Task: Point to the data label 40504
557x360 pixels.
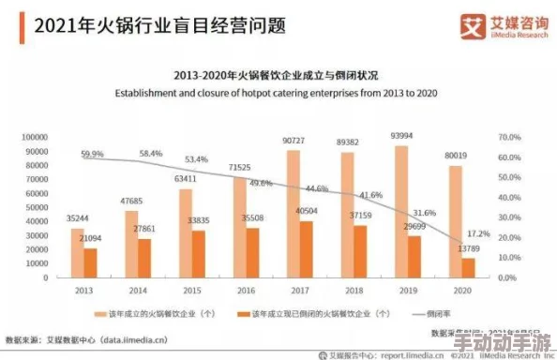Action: click(307, 212)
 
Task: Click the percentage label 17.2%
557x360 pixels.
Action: click(478, 232)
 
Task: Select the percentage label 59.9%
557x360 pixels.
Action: click(92, 154)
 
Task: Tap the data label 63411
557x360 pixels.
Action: click(185, 178)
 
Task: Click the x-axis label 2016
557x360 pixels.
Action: click(246, 292)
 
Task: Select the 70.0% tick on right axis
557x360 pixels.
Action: click(507, 137)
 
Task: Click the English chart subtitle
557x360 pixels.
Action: click(280, 93)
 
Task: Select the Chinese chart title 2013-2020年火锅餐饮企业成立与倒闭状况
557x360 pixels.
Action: click(280, 75)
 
